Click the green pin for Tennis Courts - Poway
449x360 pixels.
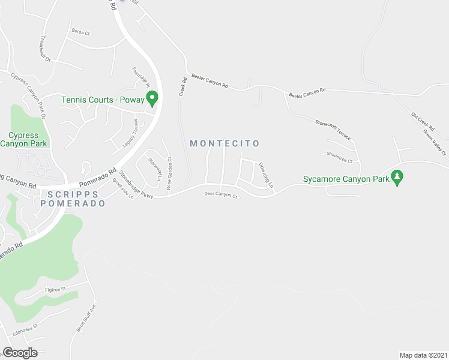[x=152, y=98]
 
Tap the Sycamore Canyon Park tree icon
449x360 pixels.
[x=396, y=178]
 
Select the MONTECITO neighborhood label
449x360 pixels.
[x=224, y=143]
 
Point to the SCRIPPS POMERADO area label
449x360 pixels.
[x=73, y=199]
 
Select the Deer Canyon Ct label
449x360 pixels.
[x=221, y=194]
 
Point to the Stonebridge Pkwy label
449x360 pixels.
[x=136, y=185]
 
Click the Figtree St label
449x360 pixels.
[x=55, y=290]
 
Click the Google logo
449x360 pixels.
[x=19, y=353]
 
